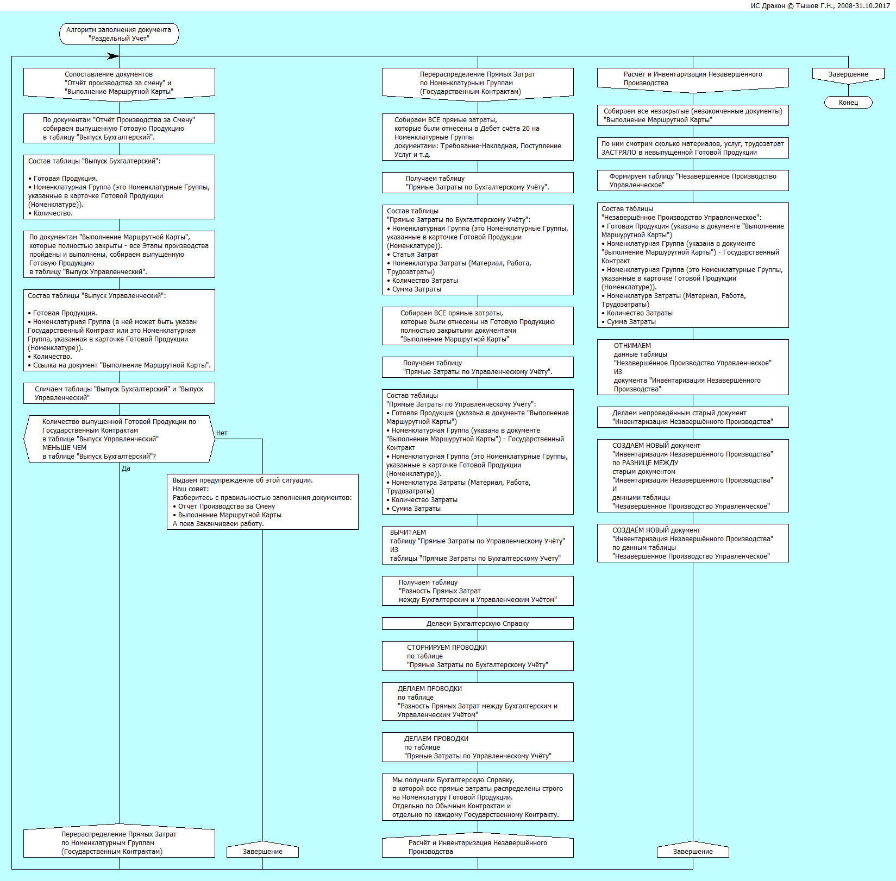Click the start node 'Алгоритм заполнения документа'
pyautogui.click(x=119, y=34)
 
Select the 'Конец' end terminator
pyautogui.click(x=848, y=103)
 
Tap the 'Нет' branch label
pyautogui.click(x=222, y=433)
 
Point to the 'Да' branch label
pyautogui.click(x=126, y=468)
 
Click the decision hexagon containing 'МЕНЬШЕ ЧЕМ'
pyautogui.click(x=119, y=439)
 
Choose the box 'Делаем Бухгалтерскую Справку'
pyautogui.click(x=478, y=624)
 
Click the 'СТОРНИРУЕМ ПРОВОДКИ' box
pyautogui.click(x=478, y=656)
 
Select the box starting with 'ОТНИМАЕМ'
pyautogui.click(x=693, y=367)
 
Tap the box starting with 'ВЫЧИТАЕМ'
pyautogui.click(x=478, y=546)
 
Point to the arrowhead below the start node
pyautogui.click(x=113, y=56)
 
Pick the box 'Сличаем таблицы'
pyautogui.click(x=119, y=394)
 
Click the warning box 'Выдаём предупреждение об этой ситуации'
pyautogui.click(x=262, y=502)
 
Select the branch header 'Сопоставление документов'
pyautogui.click(x=119, y=83)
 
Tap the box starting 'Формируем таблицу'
pyautogui.click(x=693, y=181)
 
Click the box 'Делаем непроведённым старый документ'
pyautogui.click(x=693, y=417)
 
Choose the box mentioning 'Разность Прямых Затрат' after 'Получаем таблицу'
pyautogui.click(x=478, y=591)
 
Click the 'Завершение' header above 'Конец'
pyautogui.click(x=848, y=74)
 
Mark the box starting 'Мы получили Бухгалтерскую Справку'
pyautogui.click(x=478, y=797)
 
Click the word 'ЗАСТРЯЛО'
pyautogui.click(x=618, y=153)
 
